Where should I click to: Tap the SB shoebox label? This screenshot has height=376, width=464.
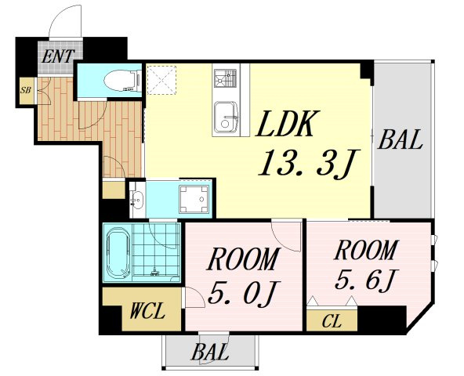click(x=25, y=90)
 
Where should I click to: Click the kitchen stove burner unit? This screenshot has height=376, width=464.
click(x=226, y=78)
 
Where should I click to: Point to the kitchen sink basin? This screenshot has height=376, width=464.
click(x=226, y=117)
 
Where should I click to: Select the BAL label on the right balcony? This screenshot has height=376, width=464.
click(x=400, y=139)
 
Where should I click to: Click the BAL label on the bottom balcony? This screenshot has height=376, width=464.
click(x=210, y=352)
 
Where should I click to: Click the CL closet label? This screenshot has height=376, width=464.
click(x=332, y=321)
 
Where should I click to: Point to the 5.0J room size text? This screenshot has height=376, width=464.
click(x=243, y=293)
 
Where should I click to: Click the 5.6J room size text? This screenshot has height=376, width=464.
click(x=367, y=280)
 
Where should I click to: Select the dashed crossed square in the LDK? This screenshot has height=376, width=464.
click(x=161, y=80)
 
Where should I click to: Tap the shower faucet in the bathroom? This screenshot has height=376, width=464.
click(x=154, y=272)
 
